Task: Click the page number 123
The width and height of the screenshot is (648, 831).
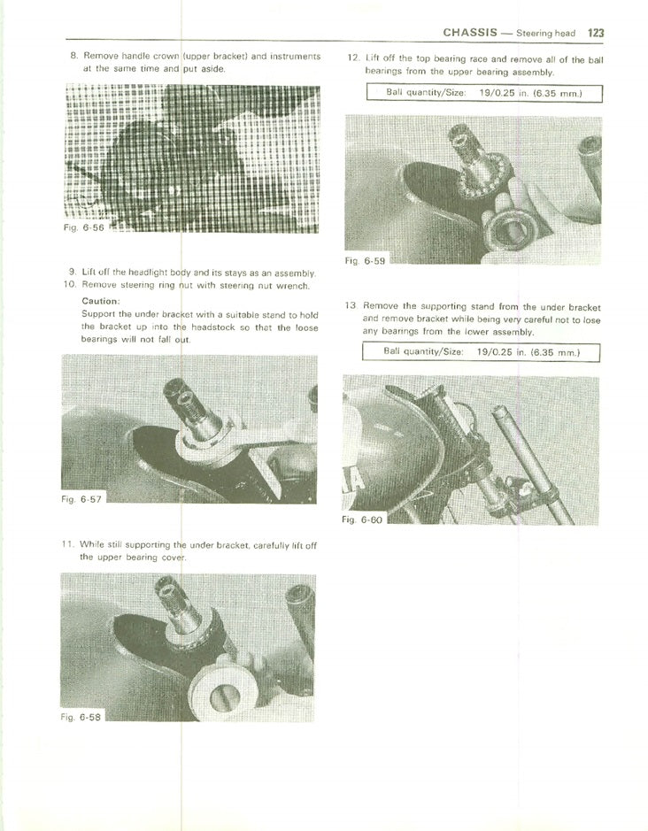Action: tap(595, 33)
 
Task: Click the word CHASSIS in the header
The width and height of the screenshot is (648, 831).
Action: tap(474, 33)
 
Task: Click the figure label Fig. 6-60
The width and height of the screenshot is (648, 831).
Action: tap(362, 519)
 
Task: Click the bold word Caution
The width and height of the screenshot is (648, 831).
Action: tap(100, 301)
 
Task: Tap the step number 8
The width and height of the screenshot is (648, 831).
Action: tap(73, 56)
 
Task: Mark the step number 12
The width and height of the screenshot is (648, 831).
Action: tap(351, 59)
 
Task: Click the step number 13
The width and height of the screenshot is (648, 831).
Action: tap(351, 306)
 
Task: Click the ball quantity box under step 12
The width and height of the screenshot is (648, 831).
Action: tap(483, 93)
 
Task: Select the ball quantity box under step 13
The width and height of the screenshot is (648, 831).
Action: tap(483, 351)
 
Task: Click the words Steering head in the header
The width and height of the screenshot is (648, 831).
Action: tap(546, 34)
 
